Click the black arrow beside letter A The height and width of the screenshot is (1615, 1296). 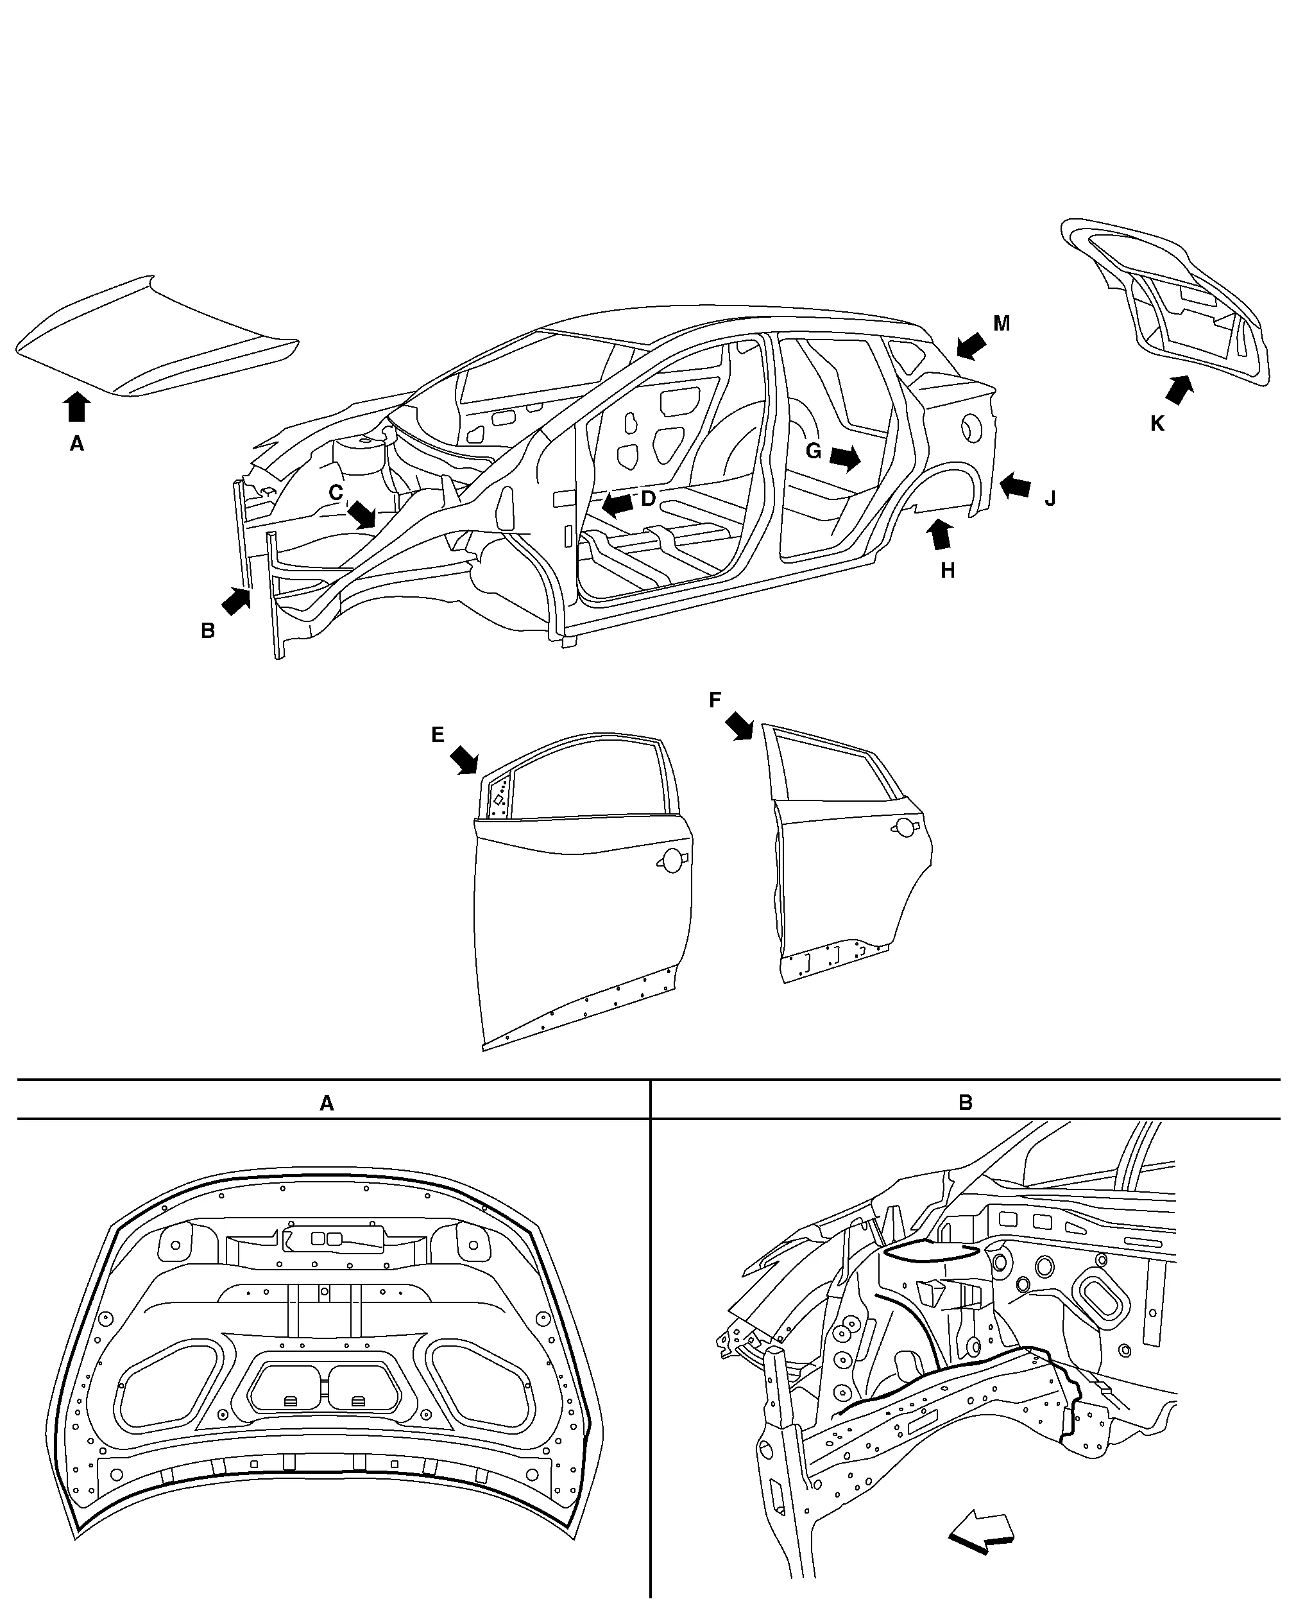(x=76, y=407)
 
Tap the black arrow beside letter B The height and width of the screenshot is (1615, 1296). (x=237, y=600)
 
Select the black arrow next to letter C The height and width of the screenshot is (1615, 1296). (x=362, y=515)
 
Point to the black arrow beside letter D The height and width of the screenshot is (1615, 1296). (x=618, y=503)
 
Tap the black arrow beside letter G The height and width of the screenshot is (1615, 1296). (x=845, y=458)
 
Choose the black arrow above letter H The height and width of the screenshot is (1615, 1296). (x=941, y=534)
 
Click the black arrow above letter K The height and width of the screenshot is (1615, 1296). (x=1179, y=390)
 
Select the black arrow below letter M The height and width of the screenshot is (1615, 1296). (x=971, y=347)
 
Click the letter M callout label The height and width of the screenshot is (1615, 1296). (x=1001, y=324)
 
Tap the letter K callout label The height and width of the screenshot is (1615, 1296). (x=1157, y=424)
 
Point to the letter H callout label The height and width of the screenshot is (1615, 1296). (x=947, y=571)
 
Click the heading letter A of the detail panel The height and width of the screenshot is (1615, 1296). (x=327, y=1103)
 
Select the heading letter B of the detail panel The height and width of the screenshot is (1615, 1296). (x=965, y=1103)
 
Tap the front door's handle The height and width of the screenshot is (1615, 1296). (x=672, y=861)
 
